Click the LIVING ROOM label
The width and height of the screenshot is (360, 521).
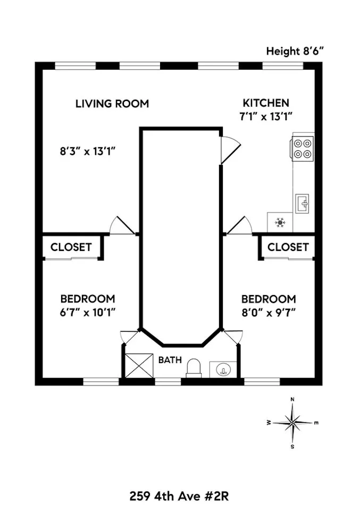[x=112, y=103]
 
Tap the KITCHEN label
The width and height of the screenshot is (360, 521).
[x=266, y=103]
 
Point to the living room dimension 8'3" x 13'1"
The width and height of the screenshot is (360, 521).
[x=87, y=151]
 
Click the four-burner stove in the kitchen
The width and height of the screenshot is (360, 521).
[x=303, y=148]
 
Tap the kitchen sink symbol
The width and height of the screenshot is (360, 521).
[x=303, y=204]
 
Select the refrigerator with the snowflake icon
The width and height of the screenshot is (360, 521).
[x=280, y=222]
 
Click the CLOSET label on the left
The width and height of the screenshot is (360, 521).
[x=71, y=247]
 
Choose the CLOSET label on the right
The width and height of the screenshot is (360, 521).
[x=288, y=247]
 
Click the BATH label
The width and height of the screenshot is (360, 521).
[x=170, y=360]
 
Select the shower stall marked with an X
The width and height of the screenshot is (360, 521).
[x=138, y=365]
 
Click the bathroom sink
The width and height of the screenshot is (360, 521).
[x=223, y=368]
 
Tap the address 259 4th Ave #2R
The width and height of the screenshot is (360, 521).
[x=180, y=497]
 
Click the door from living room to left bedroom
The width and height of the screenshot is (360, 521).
[x=121, y=225]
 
